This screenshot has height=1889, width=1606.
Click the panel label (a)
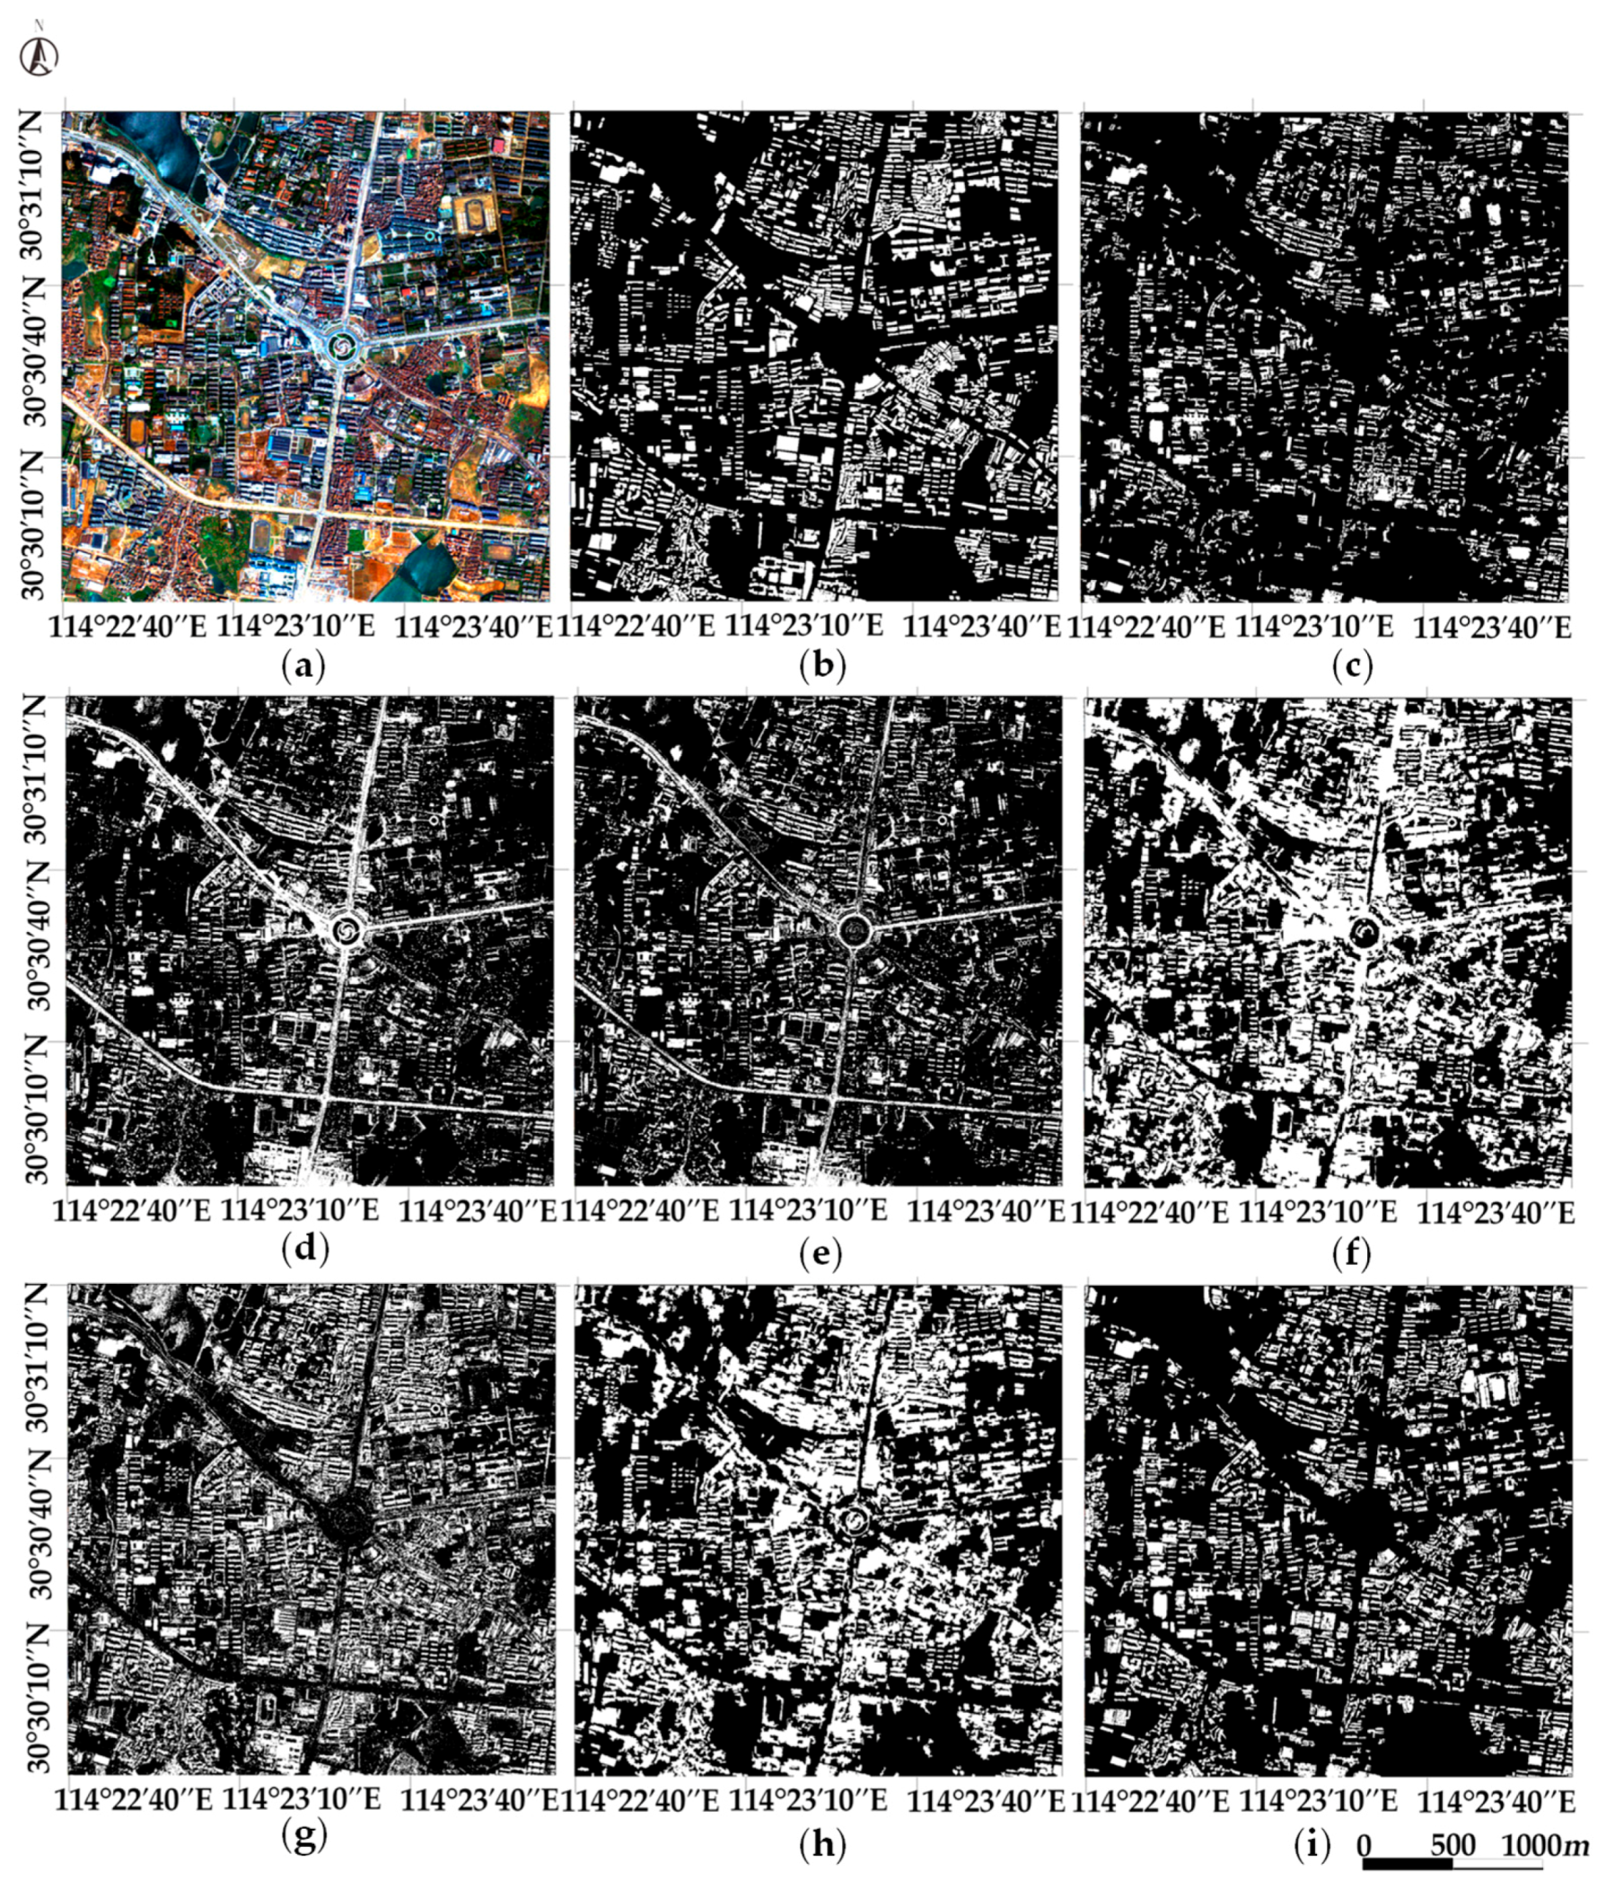[x=304, y=667]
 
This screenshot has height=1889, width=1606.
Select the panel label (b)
[x=822, y=667]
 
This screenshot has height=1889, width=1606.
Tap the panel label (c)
[x=1351, y=667]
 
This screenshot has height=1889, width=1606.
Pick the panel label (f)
[x=1351, y=1254]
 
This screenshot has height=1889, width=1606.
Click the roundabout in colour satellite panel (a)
[x=342, y=345]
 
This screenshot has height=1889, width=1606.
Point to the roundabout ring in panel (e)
[x=853, y=929]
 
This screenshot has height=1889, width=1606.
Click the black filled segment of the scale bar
[x=1408, y=1864]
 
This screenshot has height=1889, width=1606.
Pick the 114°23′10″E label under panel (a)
[x=299, y=628]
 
